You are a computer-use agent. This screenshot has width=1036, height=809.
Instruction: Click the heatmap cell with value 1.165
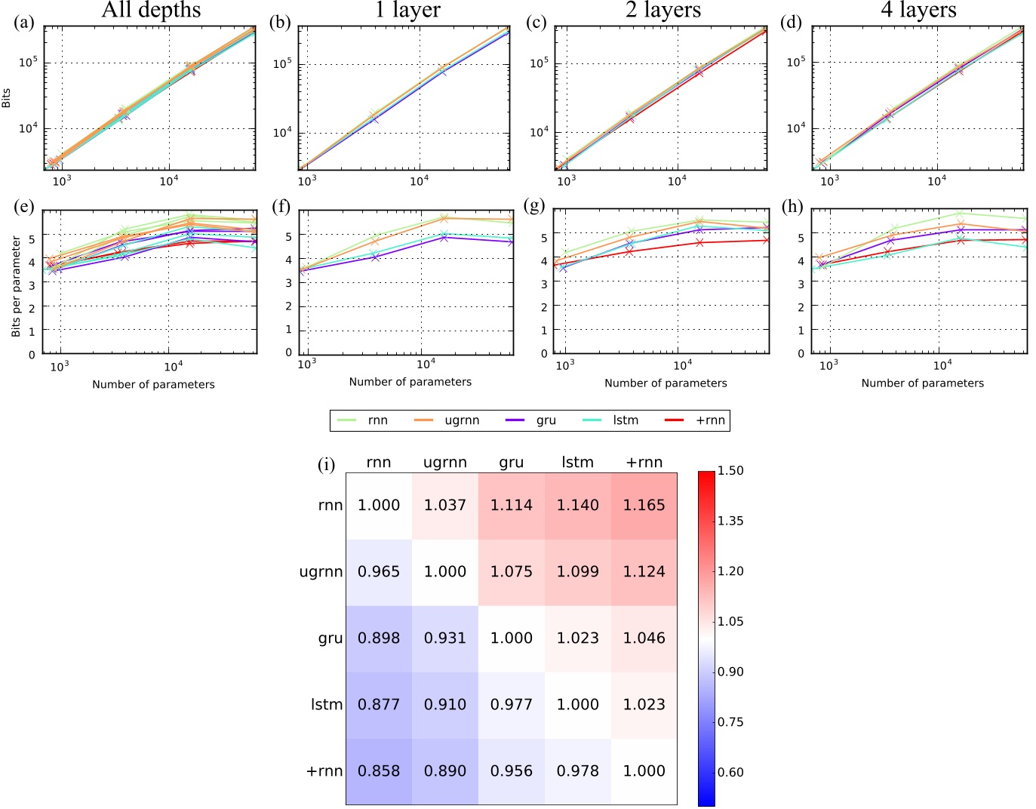pos(644,506)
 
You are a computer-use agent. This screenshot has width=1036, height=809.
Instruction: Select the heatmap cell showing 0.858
pos(379,771)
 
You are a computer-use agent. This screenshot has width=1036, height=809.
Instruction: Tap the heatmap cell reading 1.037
pos(445,506)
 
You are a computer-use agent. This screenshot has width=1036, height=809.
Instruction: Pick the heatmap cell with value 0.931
pos(445,638)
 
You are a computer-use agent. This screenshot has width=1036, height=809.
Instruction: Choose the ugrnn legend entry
pos(447,420)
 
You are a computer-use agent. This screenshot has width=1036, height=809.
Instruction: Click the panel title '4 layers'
pos(918,11)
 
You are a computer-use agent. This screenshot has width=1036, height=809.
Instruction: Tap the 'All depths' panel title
pos(151,11)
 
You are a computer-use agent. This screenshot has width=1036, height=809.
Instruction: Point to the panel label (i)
pos(326,464)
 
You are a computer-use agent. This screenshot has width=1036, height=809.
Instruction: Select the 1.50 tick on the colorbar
pos(730,470)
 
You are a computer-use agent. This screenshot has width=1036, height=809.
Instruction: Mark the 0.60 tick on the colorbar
pos(730,772)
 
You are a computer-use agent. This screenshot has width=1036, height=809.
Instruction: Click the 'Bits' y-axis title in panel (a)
pos(7,98)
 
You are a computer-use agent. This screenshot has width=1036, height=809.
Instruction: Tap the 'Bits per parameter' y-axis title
pos(16,287)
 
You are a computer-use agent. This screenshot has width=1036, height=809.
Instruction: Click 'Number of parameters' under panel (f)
pos(410,382)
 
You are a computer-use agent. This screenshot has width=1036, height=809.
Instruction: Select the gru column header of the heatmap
pos(511,463)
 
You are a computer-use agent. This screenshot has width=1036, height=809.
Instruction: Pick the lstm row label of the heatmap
pos(326,704)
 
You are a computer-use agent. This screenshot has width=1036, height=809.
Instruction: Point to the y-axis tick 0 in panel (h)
pos(801,353)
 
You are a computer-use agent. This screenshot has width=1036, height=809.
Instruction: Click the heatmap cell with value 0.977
pos(511,704)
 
